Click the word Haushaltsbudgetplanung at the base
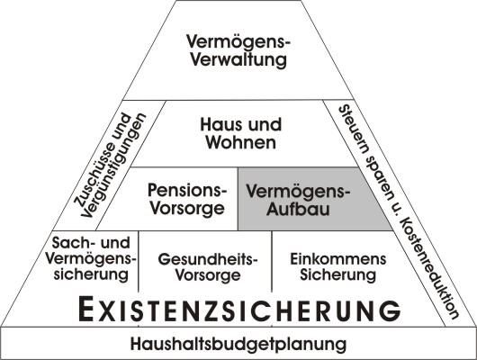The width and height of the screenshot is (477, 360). (x=238, y=344)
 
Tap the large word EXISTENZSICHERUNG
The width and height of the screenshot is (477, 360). (x=239, y=310)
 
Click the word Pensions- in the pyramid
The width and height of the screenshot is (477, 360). (x=187, y=190)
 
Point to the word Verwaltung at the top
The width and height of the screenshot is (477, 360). (x=238, y=59)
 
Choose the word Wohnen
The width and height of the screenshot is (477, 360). (x=241, y=142)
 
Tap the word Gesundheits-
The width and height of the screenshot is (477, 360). (x=208, y=259)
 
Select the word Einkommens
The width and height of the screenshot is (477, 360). (x=338, y=259)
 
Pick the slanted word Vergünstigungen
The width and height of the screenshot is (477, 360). (x=114, y=166)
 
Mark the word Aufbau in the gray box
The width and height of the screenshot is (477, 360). (x=298, y=209)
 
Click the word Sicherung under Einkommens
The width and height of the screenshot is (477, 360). (x=338, y=274)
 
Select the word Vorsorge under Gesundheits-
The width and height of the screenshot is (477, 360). (x=208, y=275)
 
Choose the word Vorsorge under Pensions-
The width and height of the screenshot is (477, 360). (x=187, y=209)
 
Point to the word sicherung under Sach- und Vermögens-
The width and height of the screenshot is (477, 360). (x=91, y=274)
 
